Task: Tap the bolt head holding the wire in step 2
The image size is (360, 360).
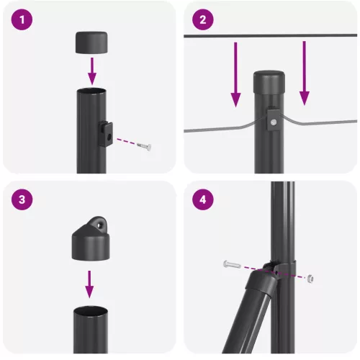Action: (x=274, y=123)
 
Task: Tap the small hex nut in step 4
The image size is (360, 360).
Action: (x=310, y=278)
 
